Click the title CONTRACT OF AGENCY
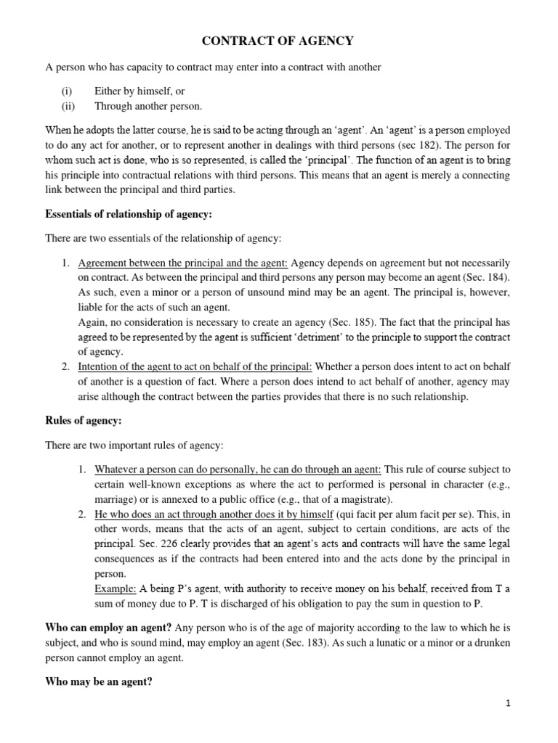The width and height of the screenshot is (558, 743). click(278, 41)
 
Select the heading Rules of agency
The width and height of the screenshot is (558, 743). click(84, 420)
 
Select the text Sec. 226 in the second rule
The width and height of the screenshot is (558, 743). click(163, 543)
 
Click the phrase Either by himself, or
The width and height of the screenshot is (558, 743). click(139, 91)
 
